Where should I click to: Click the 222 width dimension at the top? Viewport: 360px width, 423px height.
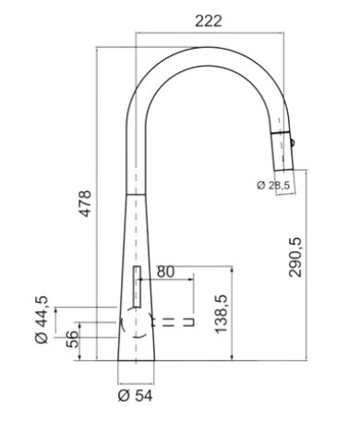tap(209, 21)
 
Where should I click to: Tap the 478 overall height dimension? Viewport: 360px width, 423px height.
tap(85, 203)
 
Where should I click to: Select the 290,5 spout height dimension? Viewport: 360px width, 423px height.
tap(296, 258)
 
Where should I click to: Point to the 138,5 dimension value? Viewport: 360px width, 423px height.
tap(222, 314)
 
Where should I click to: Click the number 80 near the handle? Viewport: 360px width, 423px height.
tap(165, 272)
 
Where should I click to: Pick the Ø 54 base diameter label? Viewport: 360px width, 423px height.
tap(135, 396)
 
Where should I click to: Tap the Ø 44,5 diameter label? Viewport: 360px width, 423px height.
tap(42, 320)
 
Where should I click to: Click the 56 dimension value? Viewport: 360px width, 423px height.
tap(73, 339)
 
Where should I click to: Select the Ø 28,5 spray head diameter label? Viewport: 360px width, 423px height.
tap(273, 186)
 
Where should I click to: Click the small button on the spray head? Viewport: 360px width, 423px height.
tap(292, 142)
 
